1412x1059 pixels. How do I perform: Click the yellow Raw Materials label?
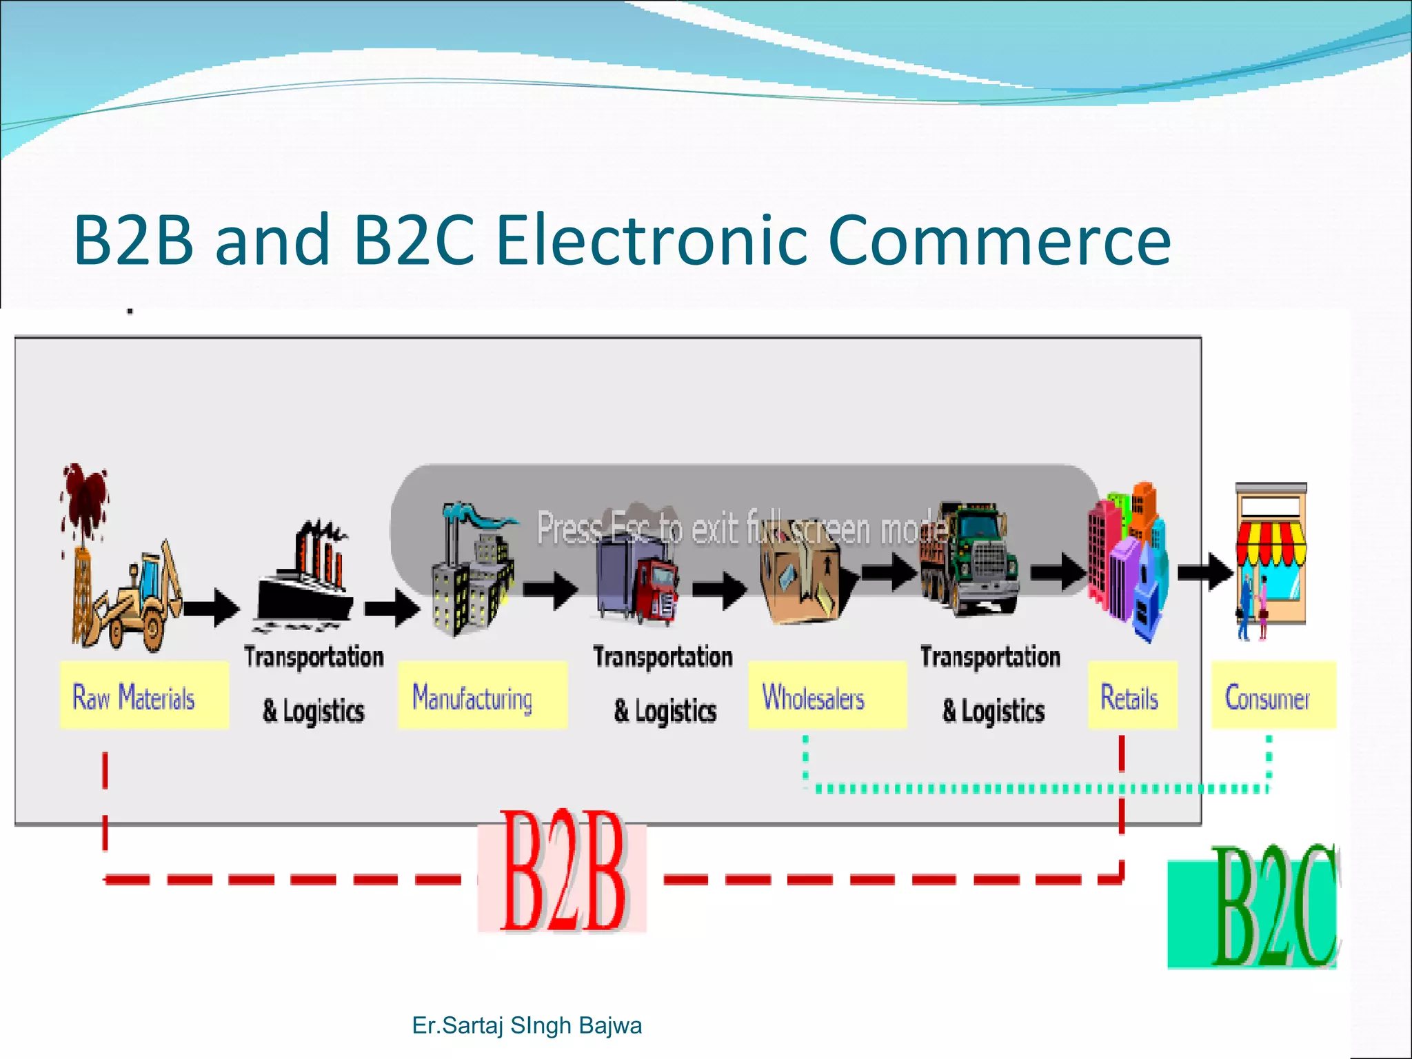coord(143,696)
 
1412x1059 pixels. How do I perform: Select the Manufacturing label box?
coord(482,696)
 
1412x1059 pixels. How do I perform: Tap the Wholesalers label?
coord(827,696)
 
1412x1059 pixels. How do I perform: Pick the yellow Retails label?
coord(1132,696)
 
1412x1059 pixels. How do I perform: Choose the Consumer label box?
coord(1273,696)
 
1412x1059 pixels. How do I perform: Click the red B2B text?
coord(563,872)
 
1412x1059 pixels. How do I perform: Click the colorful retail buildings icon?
coord(1128,562)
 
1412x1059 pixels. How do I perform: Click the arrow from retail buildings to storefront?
coord(1205,572)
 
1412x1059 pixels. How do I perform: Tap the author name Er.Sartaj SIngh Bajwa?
coord(527,1025)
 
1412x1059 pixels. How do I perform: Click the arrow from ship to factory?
coord(392,607)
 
